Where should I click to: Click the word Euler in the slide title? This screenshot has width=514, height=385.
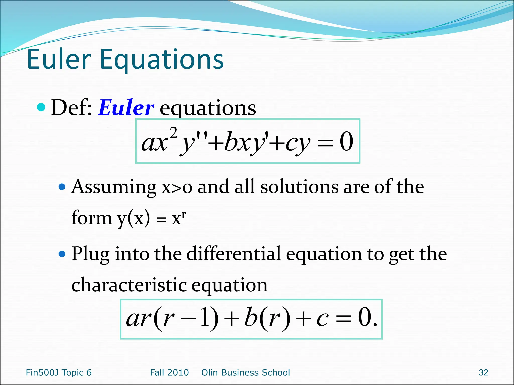point(59,59)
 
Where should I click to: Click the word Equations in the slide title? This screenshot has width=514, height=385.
point(161,60)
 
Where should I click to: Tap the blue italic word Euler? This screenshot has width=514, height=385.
point(126,108)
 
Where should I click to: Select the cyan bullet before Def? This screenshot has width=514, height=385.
point(41,107)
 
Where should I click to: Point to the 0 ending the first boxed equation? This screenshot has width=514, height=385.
point(346,142)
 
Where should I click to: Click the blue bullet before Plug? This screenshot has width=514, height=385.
point(62,254)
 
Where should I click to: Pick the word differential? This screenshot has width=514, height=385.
point(234,254)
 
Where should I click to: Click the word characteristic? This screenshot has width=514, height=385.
point(129,285)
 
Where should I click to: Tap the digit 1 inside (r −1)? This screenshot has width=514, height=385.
point(205,318)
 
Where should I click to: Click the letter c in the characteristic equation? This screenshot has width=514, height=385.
point(322,319)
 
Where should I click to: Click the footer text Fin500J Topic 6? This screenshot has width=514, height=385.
point(59,373)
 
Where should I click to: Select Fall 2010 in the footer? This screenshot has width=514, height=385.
point(169,373)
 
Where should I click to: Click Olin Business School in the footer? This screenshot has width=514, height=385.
point(245,373)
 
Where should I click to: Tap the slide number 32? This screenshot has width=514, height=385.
point(483,373)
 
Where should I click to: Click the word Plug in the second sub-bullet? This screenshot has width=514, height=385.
point(90,254)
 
